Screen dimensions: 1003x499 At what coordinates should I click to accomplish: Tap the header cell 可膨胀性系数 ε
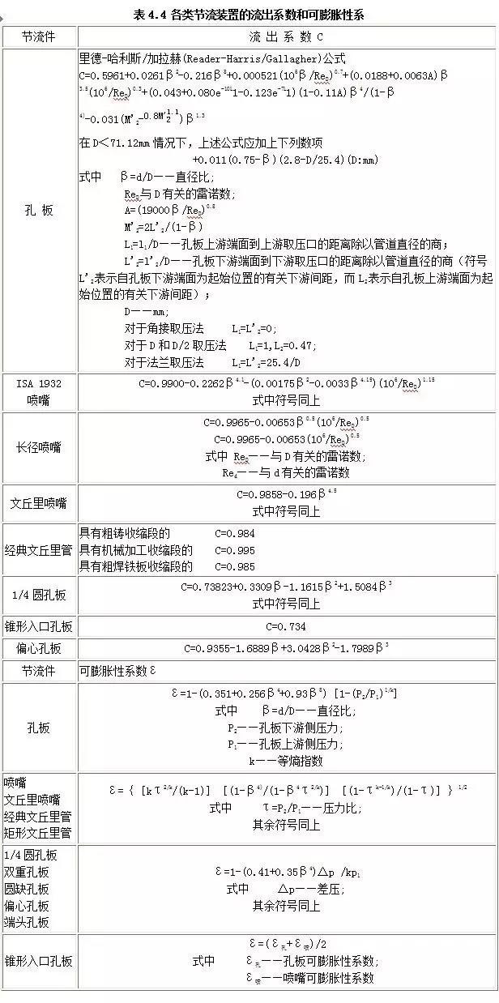(117, 671)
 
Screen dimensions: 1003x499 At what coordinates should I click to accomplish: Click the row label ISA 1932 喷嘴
(38, 391)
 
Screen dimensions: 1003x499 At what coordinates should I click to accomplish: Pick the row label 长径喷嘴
(38, 447)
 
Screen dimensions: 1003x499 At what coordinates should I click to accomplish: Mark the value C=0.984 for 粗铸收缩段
(235, 534)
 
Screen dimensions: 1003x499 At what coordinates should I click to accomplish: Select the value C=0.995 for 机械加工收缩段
(235, 550)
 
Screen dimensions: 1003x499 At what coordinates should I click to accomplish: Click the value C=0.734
(286, 626)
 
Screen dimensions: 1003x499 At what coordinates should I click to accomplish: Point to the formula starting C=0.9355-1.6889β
(286, 648)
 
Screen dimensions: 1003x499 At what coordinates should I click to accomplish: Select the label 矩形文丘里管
(38, 833)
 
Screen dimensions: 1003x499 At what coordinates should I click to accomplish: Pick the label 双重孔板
(27, 873)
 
